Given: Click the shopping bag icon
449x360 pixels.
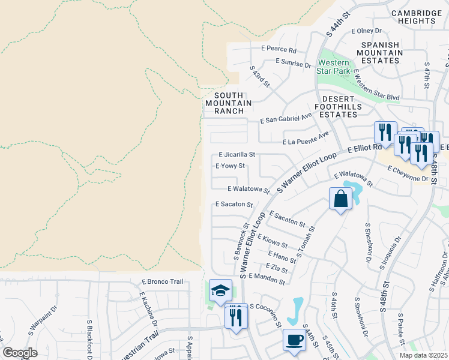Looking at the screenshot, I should (340, 199).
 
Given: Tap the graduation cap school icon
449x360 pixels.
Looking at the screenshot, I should (220, 291).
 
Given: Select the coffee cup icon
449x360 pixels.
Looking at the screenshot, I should (294, 340).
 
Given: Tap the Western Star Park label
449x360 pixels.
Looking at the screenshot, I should (334, 67).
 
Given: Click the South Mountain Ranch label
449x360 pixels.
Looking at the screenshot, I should (225, 103).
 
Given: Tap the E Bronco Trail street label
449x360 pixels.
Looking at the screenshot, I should (161, 281).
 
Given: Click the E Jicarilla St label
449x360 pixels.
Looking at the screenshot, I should (237, 154).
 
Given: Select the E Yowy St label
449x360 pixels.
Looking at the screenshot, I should (231, 166).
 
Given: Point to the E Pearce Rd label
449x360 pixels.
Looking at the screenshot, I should (279, 50).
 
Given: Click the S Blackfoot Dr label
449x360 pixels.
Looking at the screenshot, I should (89, 335).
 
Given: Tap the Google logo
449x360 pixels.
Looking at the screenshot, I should (20, 352).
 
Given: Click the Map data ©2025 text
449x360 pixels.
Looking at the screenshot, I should (423, 355).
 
